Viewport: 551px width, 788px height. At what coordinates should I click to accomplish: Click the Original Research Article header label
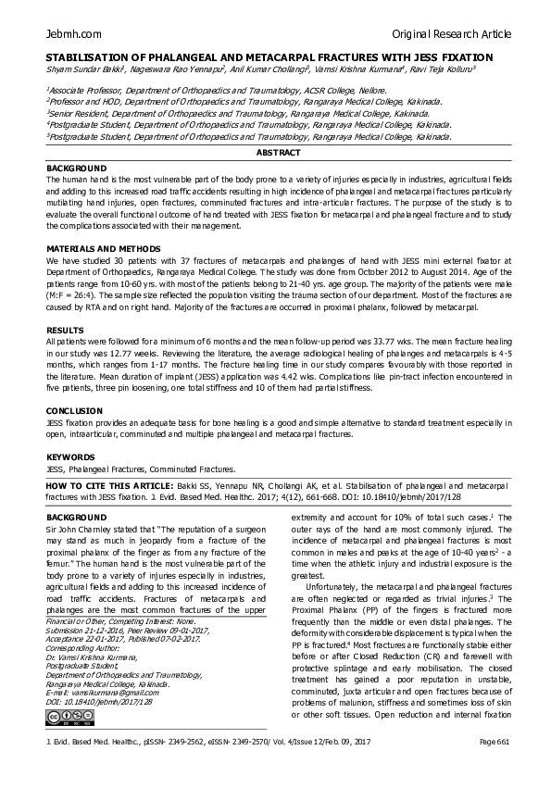click(x=452, y=34)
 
